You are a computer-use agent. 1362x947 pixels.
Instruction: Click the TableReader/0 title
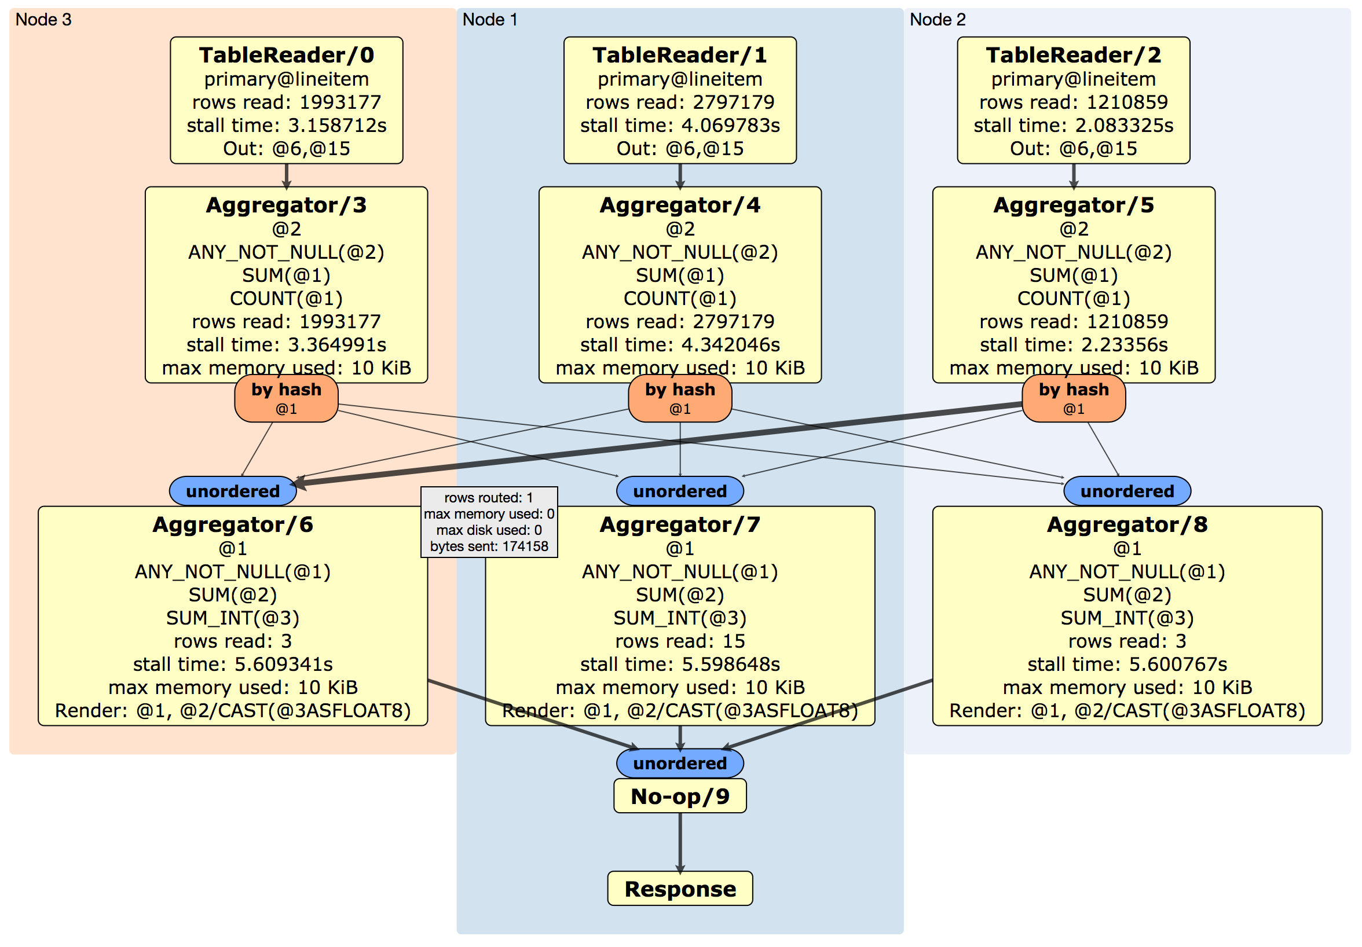(x=287, y=55)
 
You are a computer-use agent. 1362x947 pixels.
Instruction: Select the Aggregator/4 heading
(x=680, y=205)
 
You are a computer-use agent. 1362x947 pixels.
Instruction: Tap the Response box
(x=680, y=889)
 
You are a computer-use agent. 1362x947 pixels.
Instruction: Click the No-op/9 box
(x=680, y=796)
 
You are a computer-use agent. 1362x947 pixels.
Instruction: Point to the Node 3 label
(x=43, y=20)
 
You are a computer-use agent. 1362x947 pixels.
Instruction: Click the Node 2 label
(x=938, y=20)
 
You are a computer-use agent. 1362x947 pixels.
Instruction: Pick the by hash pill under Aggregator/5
(x=1073, y=398)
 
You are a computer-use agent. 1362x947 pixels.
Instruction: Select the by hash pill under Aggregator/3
(x=287, y=398)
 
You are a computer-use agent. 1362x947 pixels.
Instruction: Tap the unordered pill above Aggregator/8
(x=1126, y=491)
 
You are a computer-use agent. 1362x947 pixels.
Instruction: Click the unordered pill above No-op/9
(x=680, y=762)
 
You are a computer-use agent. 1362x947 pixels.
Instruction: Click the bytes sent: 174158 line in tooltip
(x=489, y=546)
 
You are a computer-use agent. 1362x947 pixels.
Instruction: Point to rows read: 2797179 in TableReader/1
(x=680, y=102)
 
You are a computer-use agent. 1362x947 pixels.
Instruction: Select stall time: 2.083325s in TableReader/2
(x=1073, y=125)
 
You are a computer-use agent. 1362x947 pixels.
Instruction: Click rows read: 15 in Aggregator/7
(x=680, y=641)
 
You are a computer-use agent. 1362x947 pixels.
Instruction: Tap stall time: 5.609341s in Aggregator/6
(x=233, y=664)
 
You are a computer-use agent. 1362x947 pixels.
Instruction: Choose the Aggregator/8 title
(x=1126, y=525)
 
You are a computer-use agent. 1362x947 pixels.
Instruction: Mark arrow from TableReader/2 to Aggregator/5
(x=1073, y=175)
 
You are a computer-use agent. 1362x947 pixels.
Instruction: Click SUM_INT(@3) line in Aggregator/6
(x=233, y=618)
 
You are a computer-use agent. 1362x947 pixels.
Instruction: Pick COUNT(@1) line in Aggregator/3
(x=287, y=298)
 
